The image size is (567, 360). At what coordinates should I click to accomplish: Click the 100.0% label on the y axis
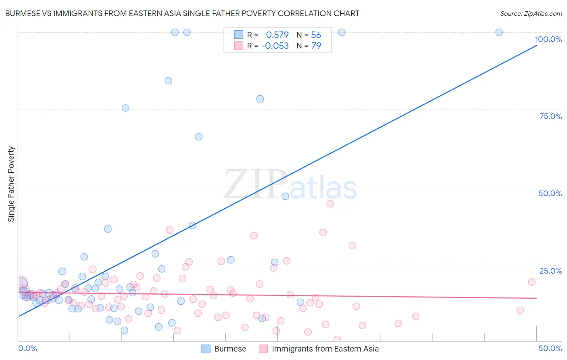click(x=548, y=39)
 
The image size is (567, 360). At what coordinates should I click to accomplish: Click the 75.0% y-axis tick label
click(x=550, y=116)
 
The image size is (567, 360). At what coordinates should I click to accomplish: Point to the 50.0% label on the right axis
click(x=550, y=193)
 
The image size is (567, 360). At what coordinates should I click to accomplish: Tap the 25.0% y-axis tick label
click(x=550, y=271)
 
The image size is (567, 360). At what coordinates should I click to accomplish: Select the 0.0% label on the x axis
click(x=28, y=348)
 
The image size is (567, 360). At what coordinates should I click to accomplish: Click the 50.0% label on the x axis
click(x=550, y=348)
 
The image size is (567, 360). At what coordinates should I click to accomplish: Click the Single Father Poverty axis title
click(x=11, y=184)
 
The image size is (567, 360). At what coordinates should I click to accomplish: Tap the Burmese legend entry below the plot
click(x=230, y=349)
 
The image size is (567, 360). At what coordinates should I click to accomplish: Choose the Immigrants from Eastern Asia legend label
click(x=325, y=349)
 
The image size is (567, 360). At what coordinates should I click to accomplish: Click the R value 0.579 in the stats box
click(x=277, y=35)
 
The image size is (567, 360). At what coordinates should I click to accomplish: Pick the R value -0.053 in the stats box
click(x=275, y=46)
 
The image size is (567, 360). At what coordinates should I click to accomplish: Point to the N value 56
click(x=316, y=35)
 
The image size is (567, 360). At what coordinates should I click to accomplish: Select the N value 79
click(x=316, y=46)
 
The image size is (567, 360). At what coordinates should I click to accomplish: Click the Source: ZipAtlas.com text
click(x=531, y=14)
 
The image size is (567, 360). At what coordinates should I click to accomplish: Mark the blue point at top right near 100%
click(x=499, y=32)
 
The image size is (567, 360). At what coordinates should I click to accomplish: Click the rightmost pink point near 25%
click(x=532, y=282)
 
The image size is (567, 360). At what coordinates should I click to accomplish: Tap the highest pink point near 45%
click(x=330, y=204)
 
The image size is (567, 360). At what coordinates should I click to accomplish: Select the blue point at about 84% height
click(x=168, y=81)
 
